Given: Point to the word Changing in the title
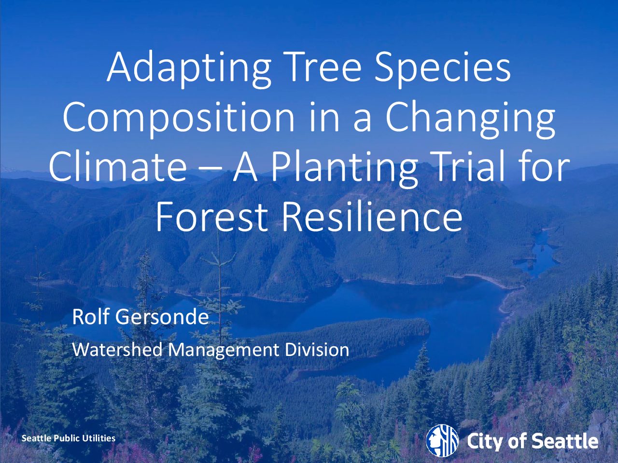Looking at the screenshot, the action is (470, 118).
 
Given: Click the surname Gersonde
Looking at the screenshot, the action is (162, 316).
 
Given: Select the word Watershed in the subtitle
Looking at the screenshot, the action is (118, 350).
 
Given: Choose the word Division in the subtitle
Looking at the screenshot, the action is (317, 350).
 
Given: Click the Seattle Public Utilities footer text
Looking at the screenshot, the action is (69, 438).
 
